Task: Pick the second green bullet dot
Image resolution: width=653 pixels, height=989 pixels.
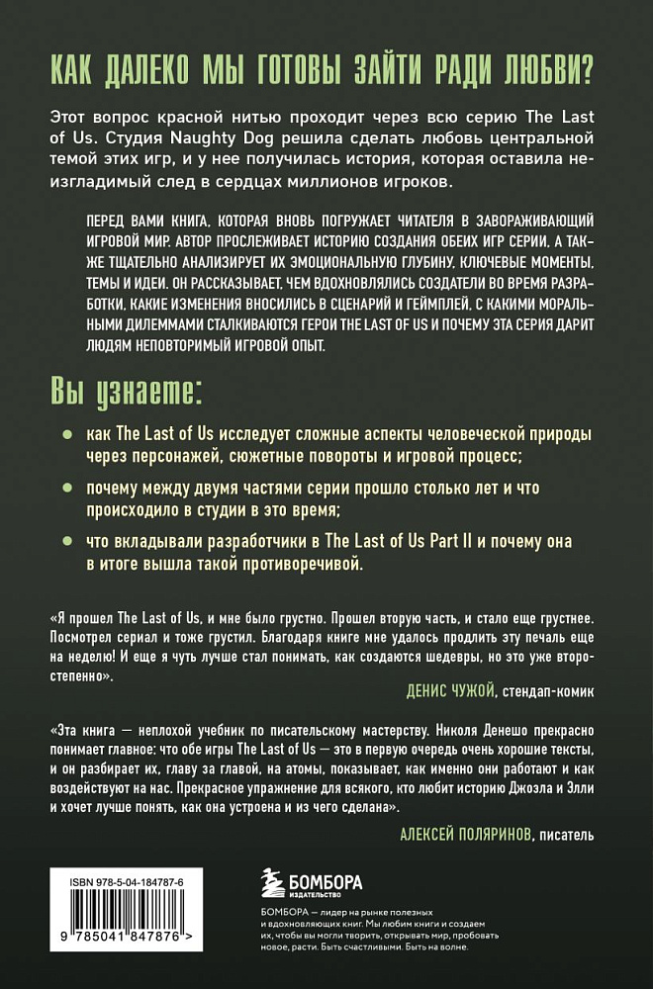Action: point(66,490)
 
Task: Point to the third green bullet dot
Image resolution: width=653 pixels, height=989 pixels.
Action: point(66,543)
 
